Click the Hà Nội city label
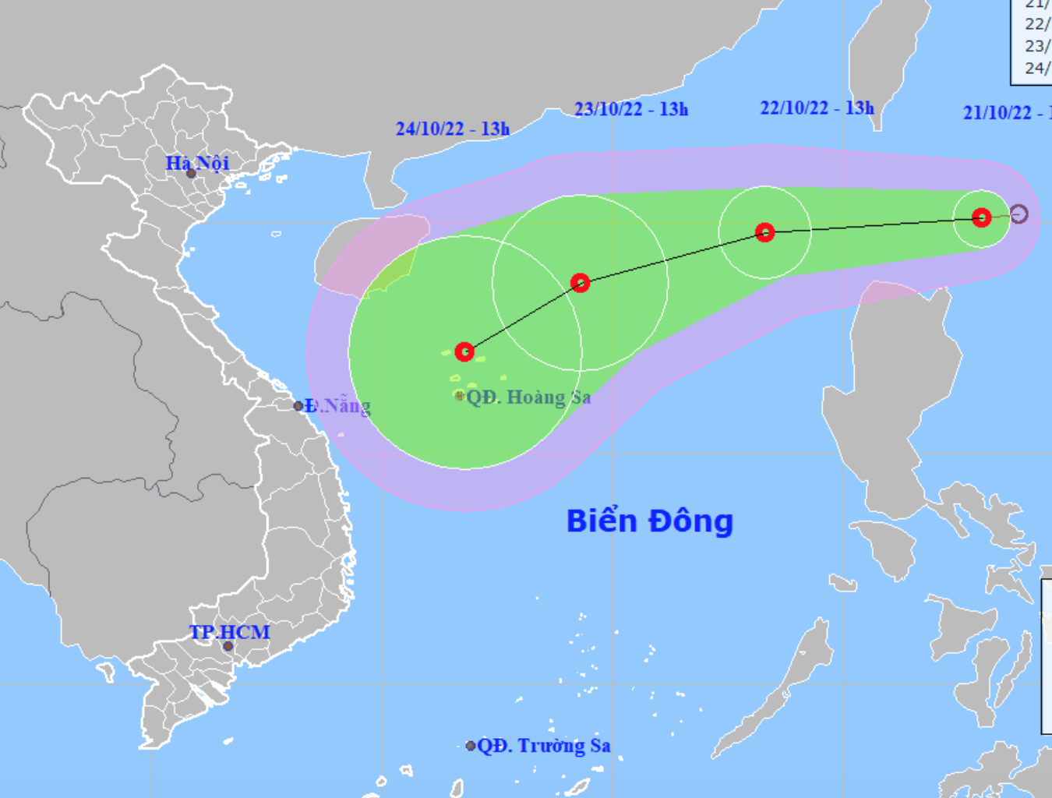pos(197,163)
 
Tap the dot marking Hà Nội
pos(191,173)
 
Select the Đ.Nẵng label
pos(338,406)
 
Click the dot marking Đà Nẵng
pos(298,406)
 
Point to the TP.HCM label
pos(230,632)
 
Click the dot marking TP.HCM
pos(228,646)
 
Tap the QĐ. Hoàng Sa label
pos(528,397)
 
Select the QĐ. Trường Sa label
pos(543,746)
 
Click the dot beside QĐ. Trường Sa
pos(471,746)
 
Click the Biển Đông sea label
pos(650,521)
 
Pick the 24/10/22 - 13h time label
pos(452,129)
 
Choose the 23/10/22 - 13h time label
pos(631,109)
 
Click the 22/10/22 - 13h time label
pos(817,108)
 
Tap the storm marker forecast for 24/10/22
pos(464,351)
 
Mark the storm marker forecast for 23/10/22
pos(580,283)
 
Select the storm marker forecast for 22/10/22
pos(765,232)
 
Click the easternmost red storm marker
pos(982,217)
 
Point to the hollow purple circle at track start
pos(1019,214)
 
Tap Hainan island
pos(366,253)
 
